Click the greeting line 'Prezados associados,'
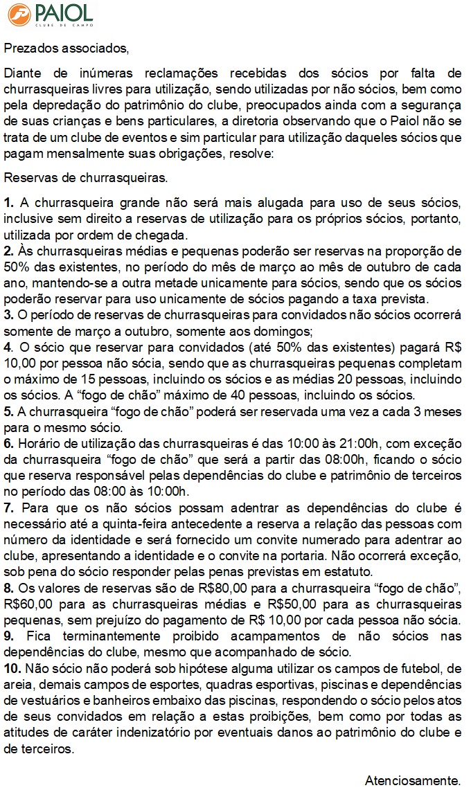click(66, 48)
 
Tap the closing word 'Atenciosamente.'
click(413, 781)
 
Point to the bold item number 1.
click(8, 203)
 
